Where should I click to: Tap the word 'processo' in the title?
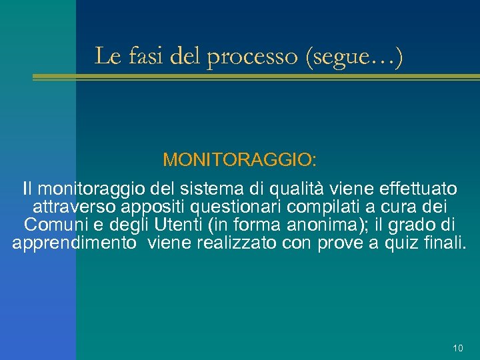point(253,57)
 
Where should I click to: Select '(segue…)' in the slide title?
point(353,57)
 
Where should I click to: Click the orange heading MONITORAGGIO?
point(240,160)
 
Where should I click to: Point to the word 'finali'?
point(443,243)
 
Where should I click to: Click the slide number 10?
point(457,348)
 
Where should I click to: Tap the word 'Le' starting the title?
point(107,56)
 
